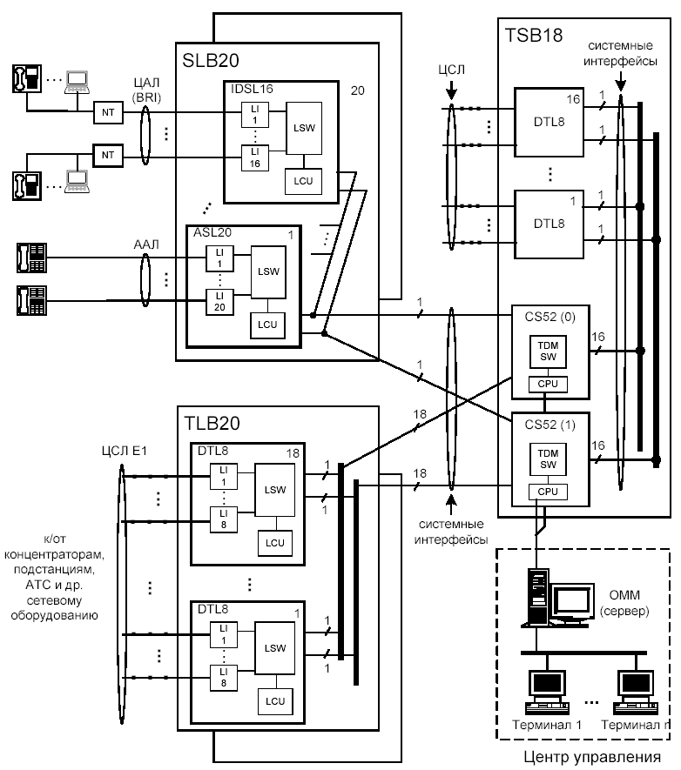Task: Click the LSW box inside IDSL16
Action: (301, 129)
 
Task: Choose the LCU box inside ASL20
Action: (266, 325)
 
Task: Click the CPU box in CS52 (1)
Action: (548, 492)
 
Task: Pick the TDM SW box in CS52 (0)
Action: (549, 352)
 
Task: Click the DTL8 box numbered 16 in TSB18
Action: (550, 122)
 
